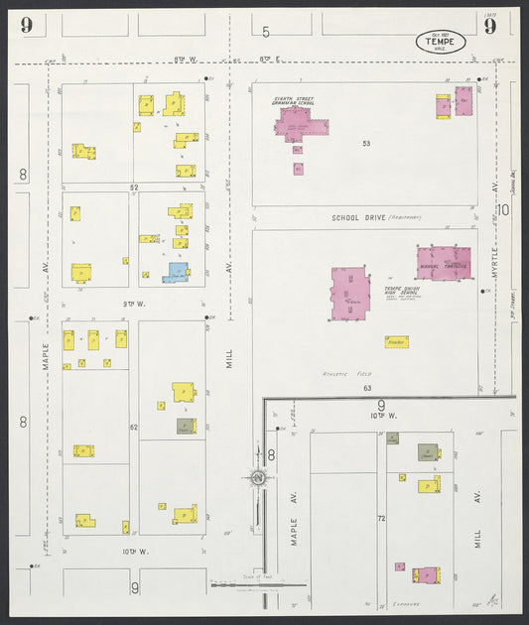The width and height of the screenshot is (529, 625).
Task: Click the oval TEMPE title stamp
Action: [438, 43]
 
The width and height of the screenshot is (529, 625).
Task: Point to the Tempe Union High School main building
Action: [350, 294]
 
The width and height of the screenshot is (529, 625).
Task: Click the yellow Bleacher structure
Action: [398, 341]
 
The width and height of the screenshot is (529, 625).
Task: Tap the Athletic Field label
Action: [340, 373]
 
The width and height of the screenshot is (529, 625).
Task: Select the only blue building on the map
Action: [177, 271]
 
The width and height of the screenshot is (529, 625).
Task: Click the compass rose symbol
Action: [257, 477]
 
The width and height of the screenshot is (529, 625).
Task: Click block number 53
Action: [366, 145]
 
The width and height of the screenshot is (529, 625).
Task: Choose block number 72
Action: [380, 519]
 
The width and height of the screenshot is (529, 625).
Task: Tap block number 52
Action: [132, 187]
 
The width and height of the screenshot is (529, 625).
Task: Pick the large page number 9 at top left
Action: [26, 25]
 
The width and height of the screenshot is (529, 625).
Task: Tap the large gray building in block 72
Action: [427, 452]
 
